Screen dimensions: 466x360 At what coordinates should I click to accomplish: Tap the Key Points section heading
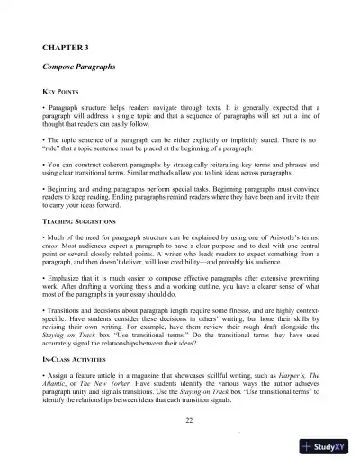(61, 93)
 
